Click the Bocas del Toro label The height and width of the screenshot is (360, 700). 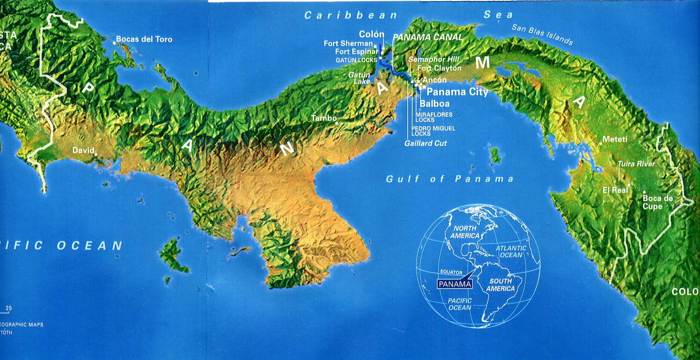(144, 39)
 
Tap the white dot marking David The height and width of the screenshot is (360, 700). (96, 154)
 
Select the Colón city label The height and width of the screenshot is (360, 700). (371, 34)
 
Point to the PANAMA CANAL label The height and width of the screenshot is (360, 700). (427, 38)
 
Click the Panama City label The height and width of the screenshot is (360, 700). (457, 92)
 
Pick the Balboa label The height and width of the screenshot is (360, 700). (434, 104)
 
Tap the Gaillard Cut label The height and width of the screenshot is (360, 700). (425, 143)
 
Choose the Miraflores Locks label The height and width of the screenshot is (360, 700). (434, 117)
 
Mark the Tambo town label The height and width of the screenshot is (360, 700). (324, 118)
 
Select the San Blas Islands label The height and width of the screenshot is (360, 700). (542, 35)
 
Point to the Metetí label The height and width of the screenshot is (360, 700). (615, 140)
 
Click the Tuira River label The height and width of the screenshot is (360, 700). (636, 164)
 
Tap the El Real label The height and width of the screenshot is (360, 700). (615, 190)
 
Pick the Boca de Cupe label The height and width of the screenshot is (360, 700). (657, 202)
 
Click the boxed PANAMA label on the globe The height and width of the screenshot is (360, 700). (455, 284)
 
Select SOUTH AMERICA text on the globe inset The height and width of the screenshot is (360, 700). (500, 285)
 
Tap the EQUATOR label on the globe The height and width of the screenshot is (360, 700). (451, 272)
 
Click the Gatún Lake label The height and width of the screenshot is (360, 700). (359, 78)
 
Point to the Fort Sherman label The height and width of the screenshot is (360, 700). (348, 43)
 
